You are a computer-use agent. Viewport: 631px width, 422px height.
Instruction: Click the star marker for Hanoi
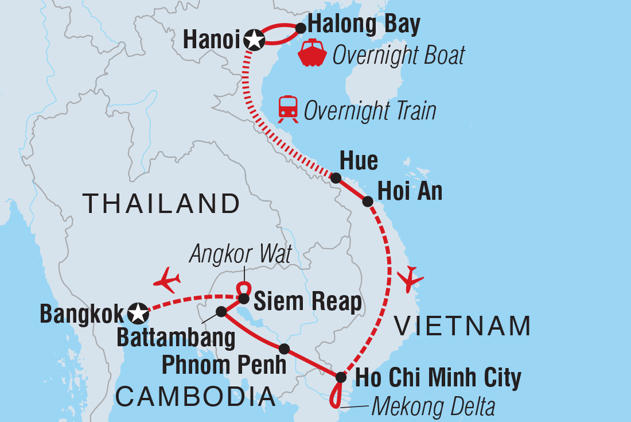tap(254, 40)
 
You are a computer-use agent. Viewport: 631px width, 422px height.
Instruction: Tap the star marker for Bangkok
tap(137, 313)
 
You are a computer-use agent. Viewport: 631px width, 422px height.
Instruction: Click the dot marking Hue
tap(336, 178)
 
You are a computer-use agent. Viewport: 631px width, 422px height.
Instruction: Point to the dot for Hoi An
tap(368, 202)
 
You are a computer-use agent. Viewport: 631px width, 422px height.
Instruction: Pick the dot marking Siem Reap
tap(244, 299)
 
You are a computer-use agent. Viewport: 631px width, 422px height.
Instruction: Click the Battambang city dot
tap(221, 311)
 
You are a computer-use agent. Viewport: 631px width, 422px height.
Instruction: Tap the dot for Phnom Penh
tap(283, 349)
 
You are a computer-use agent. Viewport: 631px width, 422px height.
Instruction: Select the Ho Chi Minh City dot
tap(341, 377)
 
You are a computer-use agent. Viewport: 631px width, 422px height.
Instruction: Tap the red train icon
tap(288, 109)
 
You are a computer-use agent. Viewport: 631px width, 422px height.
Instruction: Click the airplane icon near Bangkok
tap(168, 280)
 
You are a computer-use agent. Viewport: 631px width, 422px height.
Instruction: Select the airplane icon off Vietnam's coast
tap(411, 280)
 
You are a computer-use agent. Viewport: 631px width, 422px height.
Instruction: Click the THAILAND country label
tap(161, 204)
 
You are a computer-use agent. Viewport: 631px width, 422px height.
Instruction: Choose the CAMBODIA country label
tap(196, 397)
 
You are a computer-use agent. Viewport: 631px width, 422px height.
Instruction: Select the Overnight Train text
tap(370, 111)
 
